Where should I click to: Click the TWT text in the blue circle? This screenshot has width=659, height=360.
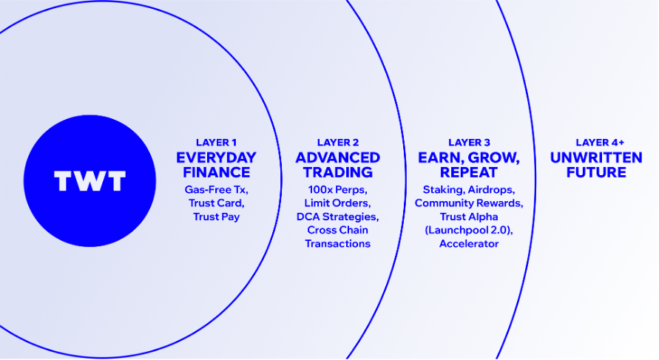pos(90,180)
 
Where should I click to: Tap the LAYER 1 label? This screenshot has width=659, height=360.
pos(216,143)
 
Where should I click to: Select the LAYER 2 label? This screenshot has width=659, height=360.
pos(338,143)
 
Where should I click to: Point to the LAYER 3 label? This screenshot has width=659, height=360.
pos(469,143)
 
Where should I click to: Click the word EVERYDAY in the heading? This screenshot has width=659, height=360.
pos(216,157)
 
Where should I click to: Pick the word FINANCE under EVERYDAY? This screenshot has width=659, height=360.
pos(217,172)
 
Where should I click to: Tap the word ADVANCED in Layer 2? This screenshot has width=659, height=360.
pos(338,157)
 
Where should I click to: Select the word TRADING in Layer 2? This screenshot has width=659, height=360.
pos(338,172)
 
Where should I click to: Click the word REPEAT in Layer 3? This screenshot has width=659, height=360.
pos(469,172)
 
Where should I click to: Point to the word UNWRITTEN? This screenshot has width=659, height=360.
pos(596,157)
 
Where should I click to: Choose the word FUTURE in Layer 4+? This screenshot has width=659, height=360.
pos(596,172)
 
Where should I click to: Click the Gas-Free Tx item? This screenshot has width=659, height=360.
pos(217,190)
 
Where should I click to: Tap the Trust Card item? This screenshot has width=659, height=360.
pos(217,203)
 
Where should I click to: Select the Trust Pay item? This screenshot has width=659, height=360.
pos(217,217)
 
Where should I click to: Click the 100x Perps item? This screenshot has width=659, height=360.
pos(338,190)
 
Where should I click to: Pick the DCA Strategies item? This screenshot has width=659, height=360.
pos(338,217)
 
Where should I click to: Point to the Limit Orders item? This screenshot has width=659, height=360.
pos(338,203)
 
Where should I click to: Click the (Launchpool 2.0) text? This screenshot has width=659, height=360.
pos(469,230)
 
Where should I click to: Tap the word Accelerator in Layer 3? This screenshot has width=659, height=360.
pos(469,244)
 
